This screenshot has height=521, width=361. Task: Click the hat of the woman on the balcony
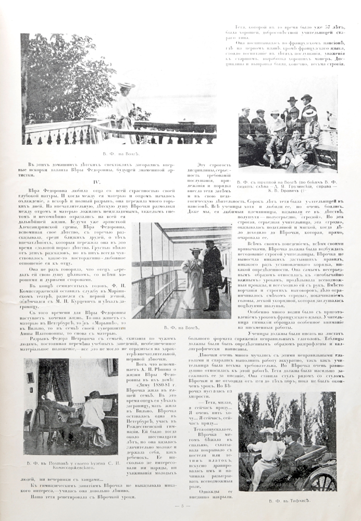pos(127,85)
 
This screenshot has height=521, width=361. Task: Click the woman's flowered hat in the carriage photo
pos(267,432)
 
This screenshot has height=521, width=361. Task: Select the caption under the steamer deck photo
pos(182,327)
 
